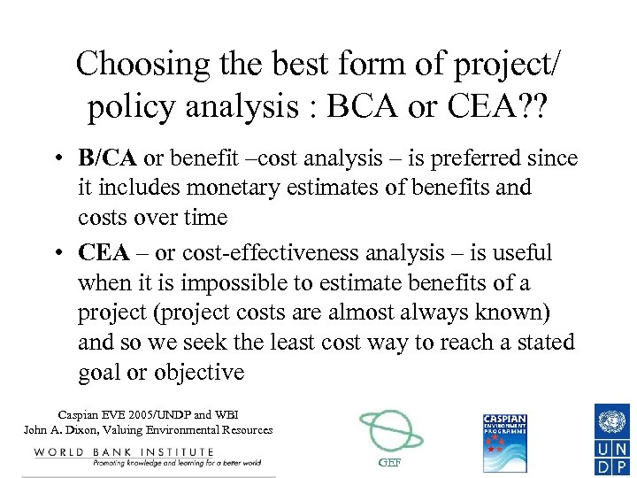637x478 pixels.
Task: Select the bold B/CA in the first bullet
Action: [x=107, y=158]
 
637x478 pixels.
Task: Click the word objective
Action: [x=199, y=372]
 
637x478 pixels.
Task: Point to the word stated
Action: [x=544, y=342]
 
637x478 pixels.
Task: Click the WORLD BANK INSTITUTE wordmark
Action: [x=124, y=451]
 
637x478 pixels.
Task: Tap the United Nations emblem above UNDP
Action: [x=611, y=420]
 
